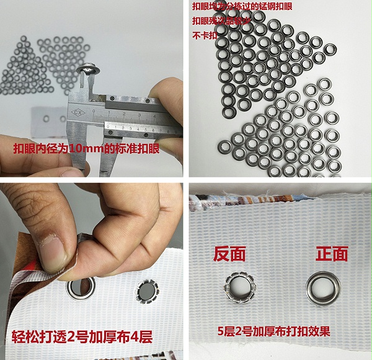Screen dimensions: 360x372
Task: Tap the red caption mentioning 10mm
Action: click(x=91, y=149)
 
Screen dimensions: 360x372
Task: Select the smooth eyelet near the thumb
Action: click(x=82, y=287)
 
